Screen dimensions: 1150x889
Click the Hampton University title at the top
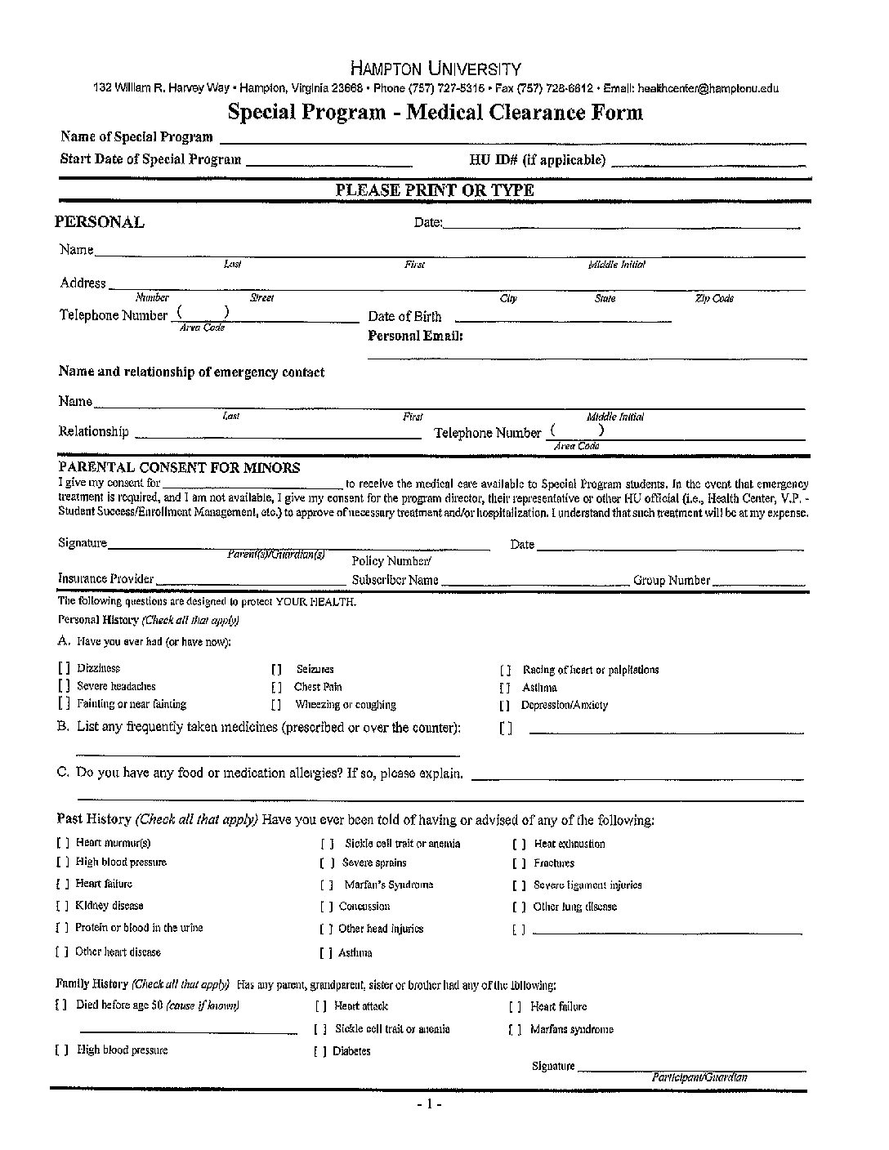tap(435, 69)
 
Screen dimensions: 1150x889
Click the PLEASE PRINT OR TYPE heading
tap(435, 190)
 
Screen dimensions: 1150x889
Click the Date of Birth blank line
tap(562, 319)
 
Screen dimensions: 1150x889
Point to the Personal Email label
tap(415, 336)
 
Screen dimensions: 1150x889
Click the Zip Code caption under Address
tap(713, 299)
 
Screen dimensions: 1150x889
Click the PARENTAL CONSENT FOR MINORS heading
tap(179, 468)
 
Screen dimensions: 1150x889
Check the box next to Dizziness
tap(64, 669)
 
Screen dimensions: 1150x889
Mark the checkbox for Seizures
tap(276, 670)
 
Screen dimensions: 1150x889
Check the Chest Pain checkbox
tap(276, 688)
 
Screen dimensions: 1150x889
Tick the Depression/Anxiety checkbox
tap(505, 706)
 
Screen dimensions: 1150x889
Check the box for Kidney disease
tap(62, 906)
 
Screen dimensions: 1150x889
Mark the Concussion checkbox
tap(326, 907)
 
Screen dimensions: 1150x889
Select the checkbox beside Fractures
tap(519, 863)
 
